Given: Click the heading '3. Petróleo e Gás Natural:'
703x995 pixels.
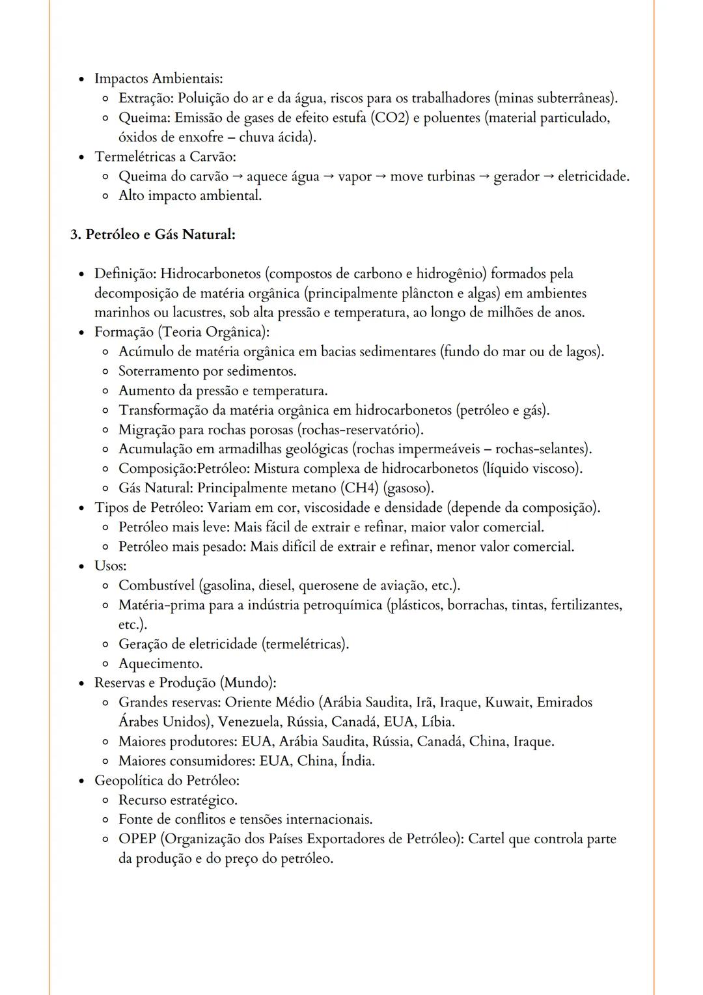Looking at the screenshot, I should (152, 234).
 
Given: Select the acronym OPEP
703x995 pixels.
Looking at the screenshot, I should (137, 839).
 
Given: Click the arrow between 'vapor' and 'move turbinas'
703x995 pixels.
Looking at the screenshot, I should (381, 176).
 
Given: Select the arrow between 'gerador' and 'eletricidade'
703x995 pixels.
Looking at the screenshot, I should (549, 176).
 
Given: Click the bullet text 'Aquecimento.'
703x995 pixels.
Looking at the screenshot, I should (160, 664).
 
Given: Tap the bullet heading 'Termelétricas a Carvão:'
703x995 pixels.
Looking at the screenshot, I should (165, 157).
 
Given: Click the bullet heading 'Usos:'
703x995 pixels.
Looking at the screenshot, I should (110, 566).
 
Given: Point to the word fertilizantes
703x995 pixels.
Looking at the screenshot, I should (585, 605).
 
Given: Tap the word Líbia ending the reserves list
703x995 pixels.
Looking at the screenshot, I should (437, 722).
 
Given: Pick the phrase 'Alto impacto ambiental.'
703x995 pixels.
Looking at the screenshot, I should (189, 195).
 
